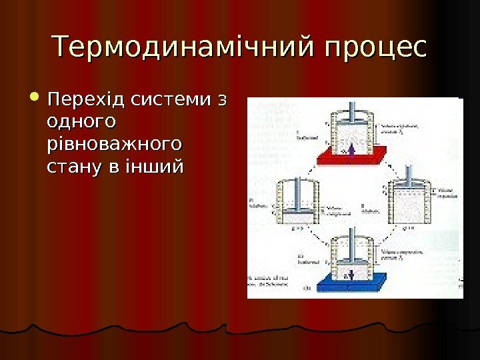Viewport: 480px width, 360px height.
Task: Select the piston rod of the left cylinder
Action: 297,184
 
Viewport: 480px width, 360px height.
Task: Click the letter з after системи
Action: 221,101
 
